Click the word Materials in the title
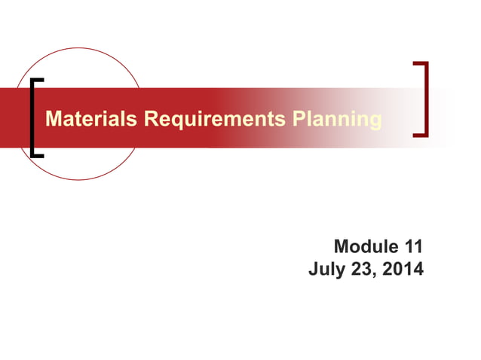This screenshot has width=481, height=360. coord(92,119)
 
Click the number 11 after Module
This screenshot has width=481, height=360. coord(413,246)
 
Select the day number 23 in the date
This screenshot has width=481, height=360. coord(360,269)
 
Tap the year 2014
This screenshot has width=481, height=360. coord(401,269)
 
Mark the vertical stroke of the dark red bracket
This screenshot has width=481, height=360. coord(425,99)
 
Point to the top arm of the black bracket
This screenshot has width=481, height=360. coord(38,80)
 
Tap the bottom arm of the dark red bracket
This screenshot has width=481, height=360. coord(420,135)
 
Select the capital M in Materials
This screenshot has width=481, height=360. coord(53,119)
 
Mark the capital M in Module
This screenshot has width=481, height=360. coord(341,246)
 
